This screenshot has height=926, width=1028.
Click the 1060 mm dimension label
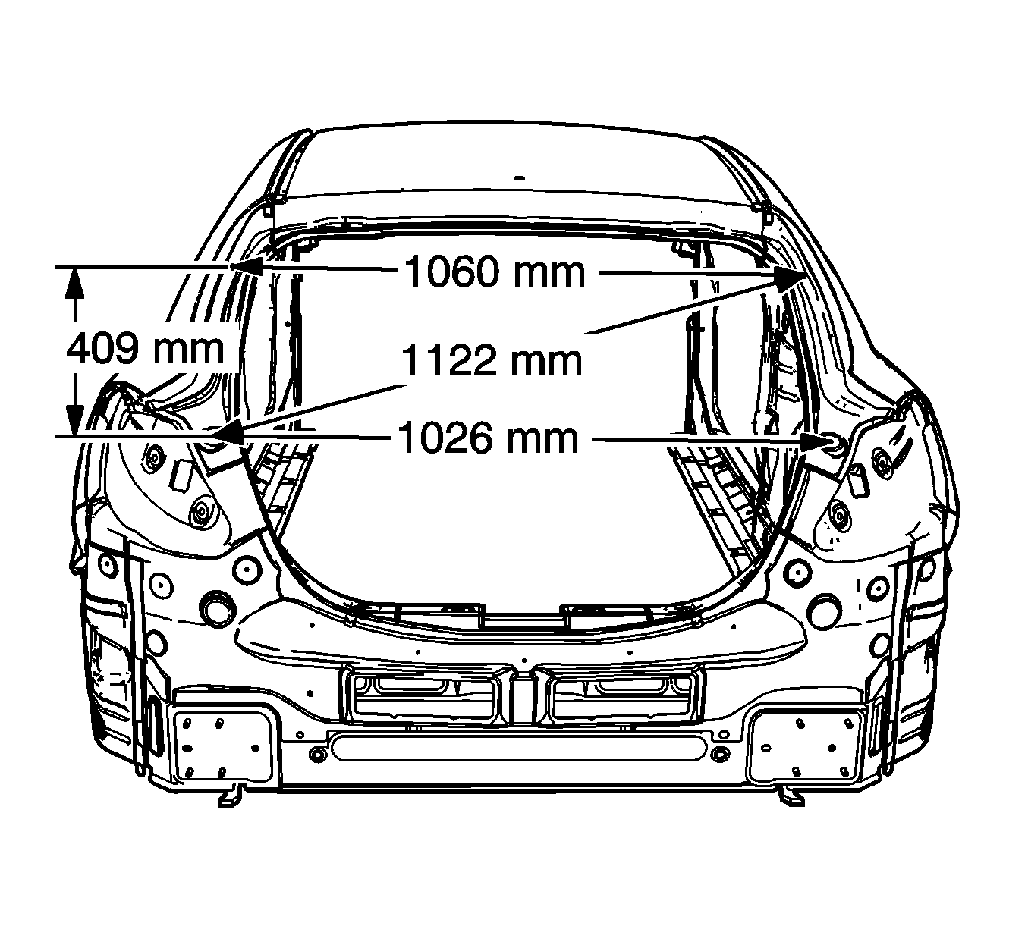click(x=495, y=272)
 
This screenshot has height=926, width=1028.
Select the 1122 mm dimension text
click(x=492, y=361)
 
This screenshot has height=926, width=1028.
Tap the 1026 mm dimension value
click(x=488, y=438)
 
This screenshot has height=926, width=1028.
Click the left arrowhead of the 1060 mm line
click(x=247, y=266)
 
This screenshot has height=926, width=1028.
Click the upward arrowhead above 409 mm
click(x=75, y=284)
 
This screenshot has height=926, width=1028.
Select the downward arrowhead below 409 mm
click(x=75, y=419)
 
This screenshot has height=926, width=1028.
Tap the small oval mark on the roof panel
click(x=520, y=178)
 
